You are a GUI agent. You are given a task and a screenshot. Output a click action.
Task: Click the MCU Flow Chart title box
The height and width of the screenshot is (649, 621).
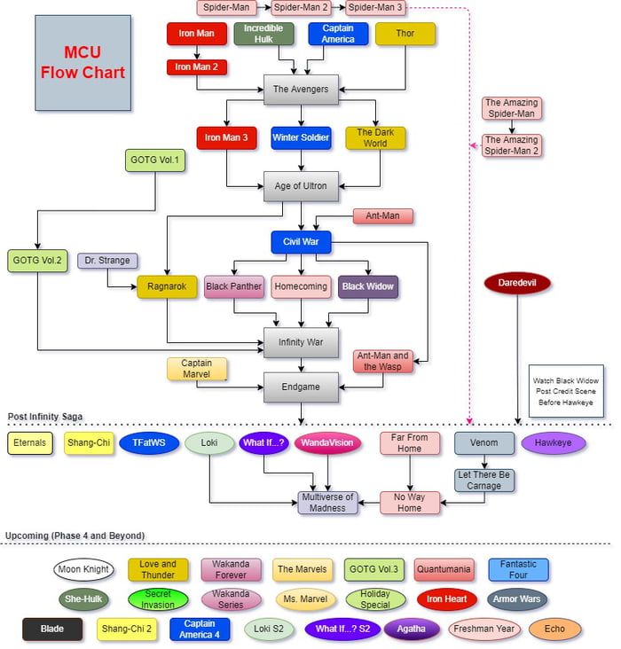click(x=83, y=60)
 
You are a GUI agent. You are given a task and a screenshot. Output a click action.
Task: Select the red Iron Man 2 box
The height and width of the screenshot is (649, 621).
click(x=196, y=66)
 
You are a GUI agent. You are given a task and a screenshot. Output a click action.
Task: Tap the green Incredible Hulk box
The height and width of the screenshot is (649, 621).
click(x=263, y=34)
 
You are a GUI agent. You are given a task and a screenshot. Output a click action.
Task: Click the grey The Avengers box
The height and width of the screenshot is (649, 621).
click(x=301, y=89)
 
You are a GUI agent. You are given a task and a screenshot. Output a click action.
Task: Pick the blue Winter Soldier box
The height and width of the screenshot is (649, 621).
click(x=301, y=137)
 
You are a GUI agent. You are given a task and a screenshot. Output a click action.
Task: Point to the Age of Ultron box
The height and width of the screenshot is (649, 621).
click(x=301, y=186)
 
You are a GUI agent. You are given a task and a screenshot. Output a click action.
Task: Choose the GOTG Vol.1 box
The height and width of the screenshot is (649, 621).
click(x=155, y=160)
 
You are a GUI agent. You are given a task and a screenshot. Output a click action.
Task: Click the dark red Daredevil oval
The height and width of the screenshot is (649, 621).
click(x=518, y=284)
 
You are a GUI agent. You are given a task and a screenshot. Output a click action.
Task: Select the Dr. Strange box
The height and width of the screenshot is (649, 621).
click(x=107, y=261)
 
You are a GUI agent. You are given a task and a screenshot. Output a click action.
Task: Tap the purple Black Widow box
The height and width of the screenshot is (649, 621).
click(x=367, y=286)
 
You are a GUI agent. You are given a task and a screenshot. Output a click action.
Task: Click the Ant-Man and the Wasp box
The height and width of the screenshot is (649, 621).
click(x=382, y=362)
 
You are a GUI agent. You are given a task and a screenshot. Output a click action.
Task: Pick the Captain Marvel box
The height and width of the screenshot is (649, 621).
click(x=196, y=369)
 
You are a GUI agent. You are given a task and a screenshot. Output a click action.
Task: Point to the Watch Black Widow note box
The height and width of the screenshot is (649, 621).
click(x=565, y=391)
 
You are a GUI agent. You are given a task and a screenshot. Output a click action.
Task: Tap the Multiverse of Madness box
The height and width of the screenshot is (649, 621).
click(x=327, y=502)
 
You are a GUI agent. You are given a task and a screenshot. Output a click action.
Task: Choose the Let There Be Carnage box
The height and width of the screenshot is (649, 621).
click(x=484, y=480)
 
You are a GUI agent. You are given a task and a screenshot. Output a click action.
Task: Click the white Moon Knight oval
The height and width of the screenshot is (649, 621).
click(x=83, y=569)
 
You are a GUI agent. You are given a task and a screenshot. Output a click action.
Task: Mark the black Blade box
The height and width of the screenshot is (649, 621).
click(x=52, y=629)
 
